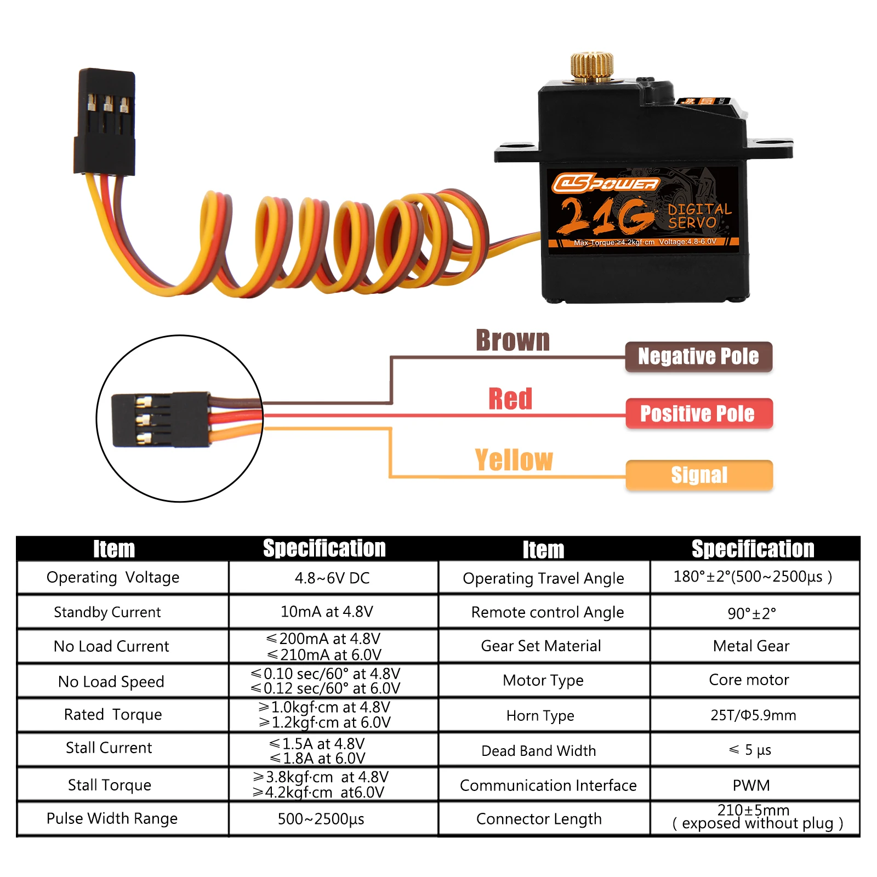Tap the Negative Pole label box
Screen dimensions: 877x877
tap(698, 357)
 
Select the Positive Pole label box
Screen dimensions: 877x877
tap(698, 413)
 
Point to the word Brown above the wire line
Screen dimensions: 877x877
tap(512, 340)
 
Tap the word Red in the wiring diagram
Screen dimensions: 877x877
tap(510, 398)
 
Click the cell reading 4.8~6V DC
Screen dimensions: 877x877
tap(332, 578)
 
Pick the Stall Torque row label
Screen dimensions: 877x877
tap(110, 785)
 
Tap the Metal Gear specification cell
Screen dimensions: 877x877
tap(751, 646)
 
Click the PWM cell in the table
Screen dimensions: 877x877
tap(751, 785)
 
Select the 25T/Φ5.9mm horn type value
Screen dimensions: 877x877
tap(753, 715)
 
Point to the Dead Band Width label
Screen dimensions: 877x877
tap(538, 750)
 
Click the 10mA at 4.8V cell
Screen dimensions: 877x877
tap(327, 612)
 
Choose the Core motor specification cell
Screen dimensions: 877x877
tap(749, 680)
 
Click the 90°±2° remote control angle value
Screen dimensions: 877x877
tap(751, 613)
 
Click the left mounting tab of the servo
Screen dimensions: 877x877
tap(515, 152)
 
